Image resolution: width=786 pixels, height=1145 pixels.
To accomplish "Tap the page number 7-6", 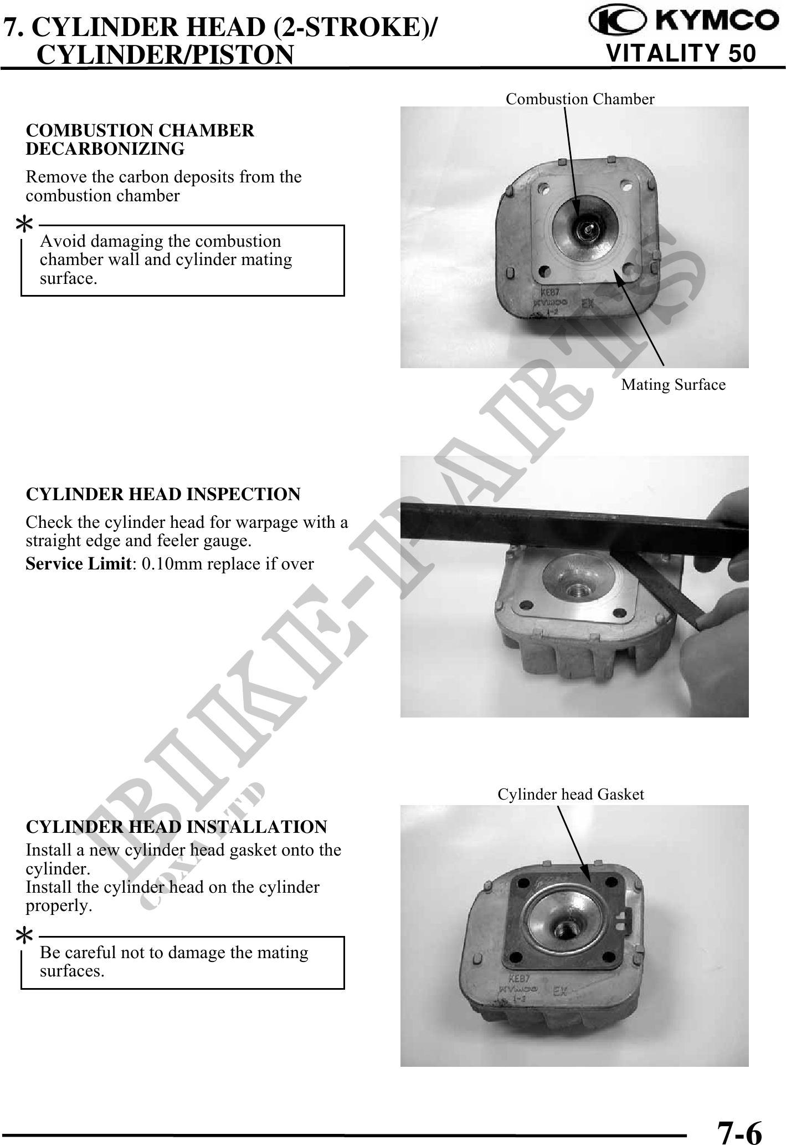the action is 739,1129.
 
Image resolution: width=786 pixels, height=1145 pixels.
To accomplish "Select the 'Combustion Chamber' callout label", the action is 580,99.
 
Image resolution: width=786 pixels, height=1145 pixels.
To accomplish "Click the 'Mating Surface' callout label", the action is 673,384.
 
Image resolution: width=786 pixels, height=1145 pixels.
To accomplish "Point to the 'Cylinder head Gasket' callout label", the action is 571,794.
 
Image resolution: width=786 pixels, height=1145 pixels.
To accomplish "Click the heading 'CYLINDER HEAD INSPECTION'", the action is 163,494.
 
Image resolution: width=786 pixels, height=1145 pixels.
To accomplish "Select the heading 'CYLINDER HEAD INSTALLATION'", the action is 177,827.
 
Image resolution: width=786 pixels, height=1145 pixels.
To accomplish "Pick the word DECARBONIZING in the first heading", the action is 105,149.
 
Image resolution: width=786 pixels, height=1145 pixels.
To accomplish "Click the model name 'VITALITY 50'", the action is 681,54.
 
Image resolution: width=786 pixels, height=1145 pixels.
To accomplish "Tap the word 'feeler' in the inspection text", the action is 201,540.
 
